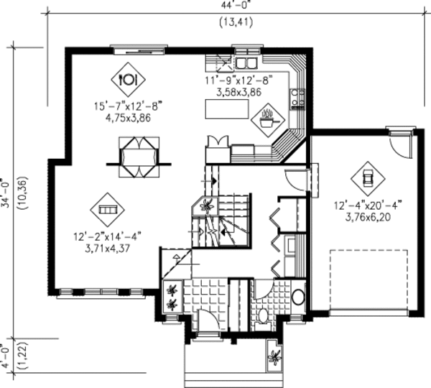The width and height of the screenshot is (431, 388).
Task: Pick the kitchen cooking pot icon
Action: click(268, 116)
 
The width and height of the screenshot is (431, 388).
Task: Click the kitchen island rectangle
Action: click(225, 109)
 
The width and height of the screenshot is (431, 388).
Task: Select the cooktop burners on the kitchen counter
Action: click(298, 98)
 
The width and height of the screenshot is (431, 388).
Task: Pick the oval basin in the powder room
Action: click(298, 296)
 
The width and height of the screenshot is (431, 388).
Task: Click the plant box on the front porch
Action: click(274, 356)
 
